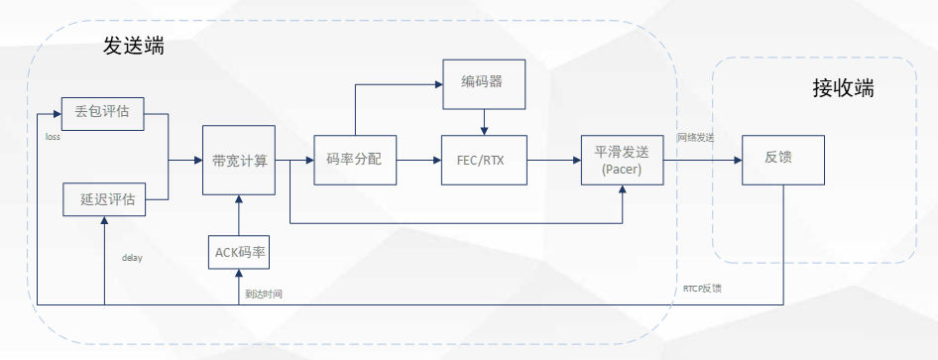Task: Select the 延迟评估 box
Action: (x=104, y=199)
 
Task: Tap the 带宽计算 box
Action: (x=238, y=160)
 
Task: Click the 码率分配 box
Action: (x=354, y=160)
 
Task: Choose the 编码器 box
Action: (x=482, y=82)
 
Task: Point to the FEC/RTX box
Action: (x=483, y=160)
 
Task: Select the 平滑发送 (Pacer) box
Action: (x=622, y=160)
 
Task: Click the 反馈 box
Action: (x=783, y=160)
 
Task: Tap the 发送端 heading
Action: (x=133, y=46)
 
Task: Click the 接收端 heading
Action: (x=843, y=87)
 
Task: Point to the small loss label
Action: (x=53, y=137)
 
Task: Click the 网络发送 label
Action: (x=695, y=137)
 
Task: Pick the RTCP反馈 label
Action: (x=702, y=289)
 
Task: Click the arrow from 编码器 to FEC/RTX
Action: (x=483, y=120)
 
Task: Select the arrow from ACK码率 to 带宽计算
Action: (x=239, y=214)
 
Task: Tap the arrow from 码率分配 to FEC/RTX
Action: (x=419, y=160)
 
